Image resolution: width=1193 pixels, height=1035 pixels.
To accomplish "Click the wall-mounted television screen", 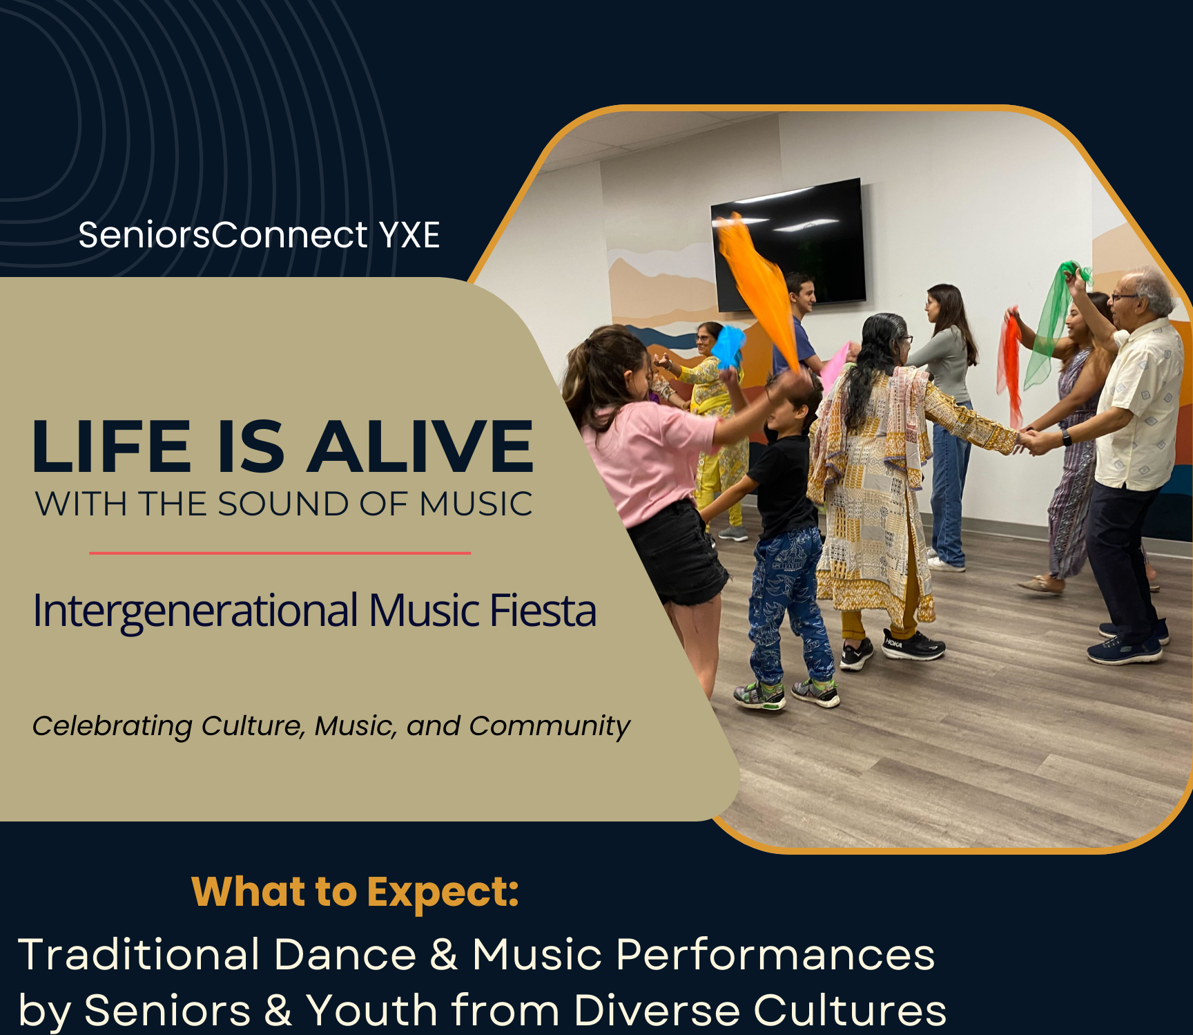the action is tap(788, 244).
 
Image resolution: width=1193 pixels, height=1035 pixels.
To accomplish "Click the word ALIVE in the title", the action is tap(420, 446).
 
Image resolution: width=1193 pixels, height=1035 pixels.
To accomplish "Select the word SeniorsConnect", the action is tap(224, 235).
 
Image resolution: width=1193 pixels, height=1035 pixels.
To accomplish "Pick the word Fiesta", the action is tap(543, 611).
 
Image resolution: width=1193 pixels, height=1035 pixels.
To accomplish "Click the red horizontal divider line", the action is tap(280, 553).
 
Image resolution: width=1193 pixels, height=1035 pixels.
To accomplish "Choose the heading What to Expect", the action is tap(355, 892).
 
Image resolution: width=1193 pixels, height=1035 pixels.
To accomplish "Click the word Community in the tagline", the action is tap(550, 726).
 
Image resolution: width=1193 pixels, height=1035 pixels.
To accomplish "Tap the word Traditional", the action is tap(139, 954).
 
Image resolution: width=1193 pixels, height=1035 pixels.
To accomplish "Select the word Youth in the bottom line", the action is tap(372, 1010).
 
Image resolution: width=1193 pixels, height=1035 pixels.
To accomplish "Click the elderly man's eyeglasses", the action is tap(1123, 297).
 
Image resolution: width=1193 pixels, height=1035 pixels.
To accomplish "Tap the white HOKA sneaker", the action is tap(912, 645).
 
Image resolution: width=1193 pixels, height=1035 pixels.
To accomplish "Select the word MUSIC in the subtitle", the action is tap(476, 504).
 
